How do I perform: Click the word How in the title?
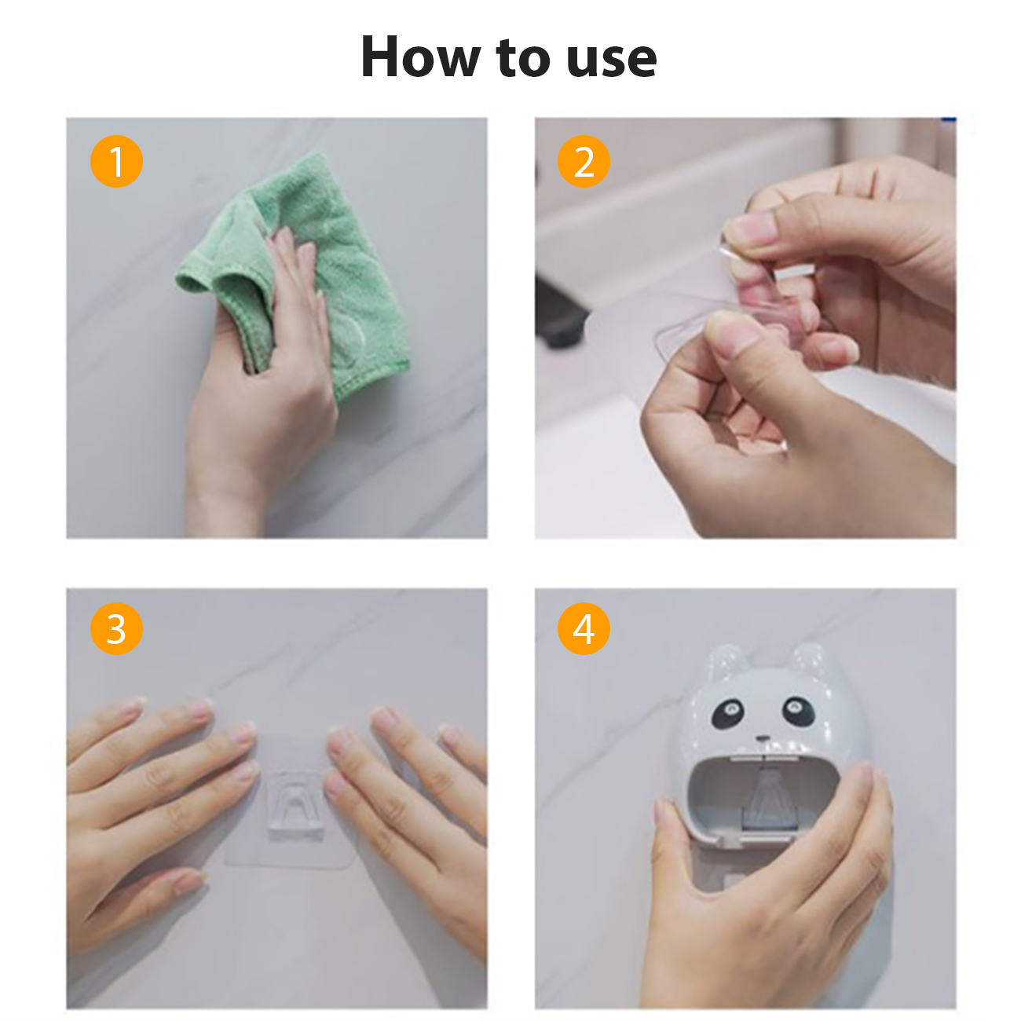[x=421, y=57]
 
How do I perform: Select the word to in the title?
[x=524, y=58]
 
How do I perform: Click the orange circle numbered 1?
[x=116, y=161]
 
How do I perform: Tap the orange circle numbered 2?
[x=584, y=161]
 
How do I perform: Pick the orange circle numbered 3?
[x=116, y=628]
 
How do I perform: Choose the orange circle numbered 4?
[x=584, y=628]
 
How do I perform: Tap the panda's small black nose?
[x=762, y=737]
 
